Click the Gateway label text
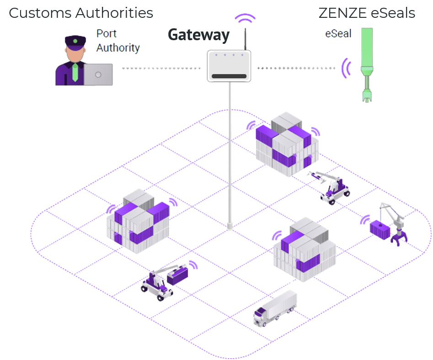click(x=198, y=35)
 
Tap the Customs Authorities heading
click(x=81, y=13)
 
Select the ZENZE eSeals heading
click(x=367, y=13)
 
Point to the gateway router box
click(x=229, y=66)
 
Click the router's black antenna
click(x=245, y=39)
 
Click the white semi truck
click(x=275, y=308)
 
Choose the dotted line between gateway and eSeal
click(x=297, y=69)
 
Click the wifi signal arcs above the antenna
click(x=245, y=19)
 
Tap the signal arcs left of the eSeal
click(x=347, y=68)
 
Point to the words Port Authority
click(x=118, y=40)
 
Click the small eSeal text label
click(x=338, y=33)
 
